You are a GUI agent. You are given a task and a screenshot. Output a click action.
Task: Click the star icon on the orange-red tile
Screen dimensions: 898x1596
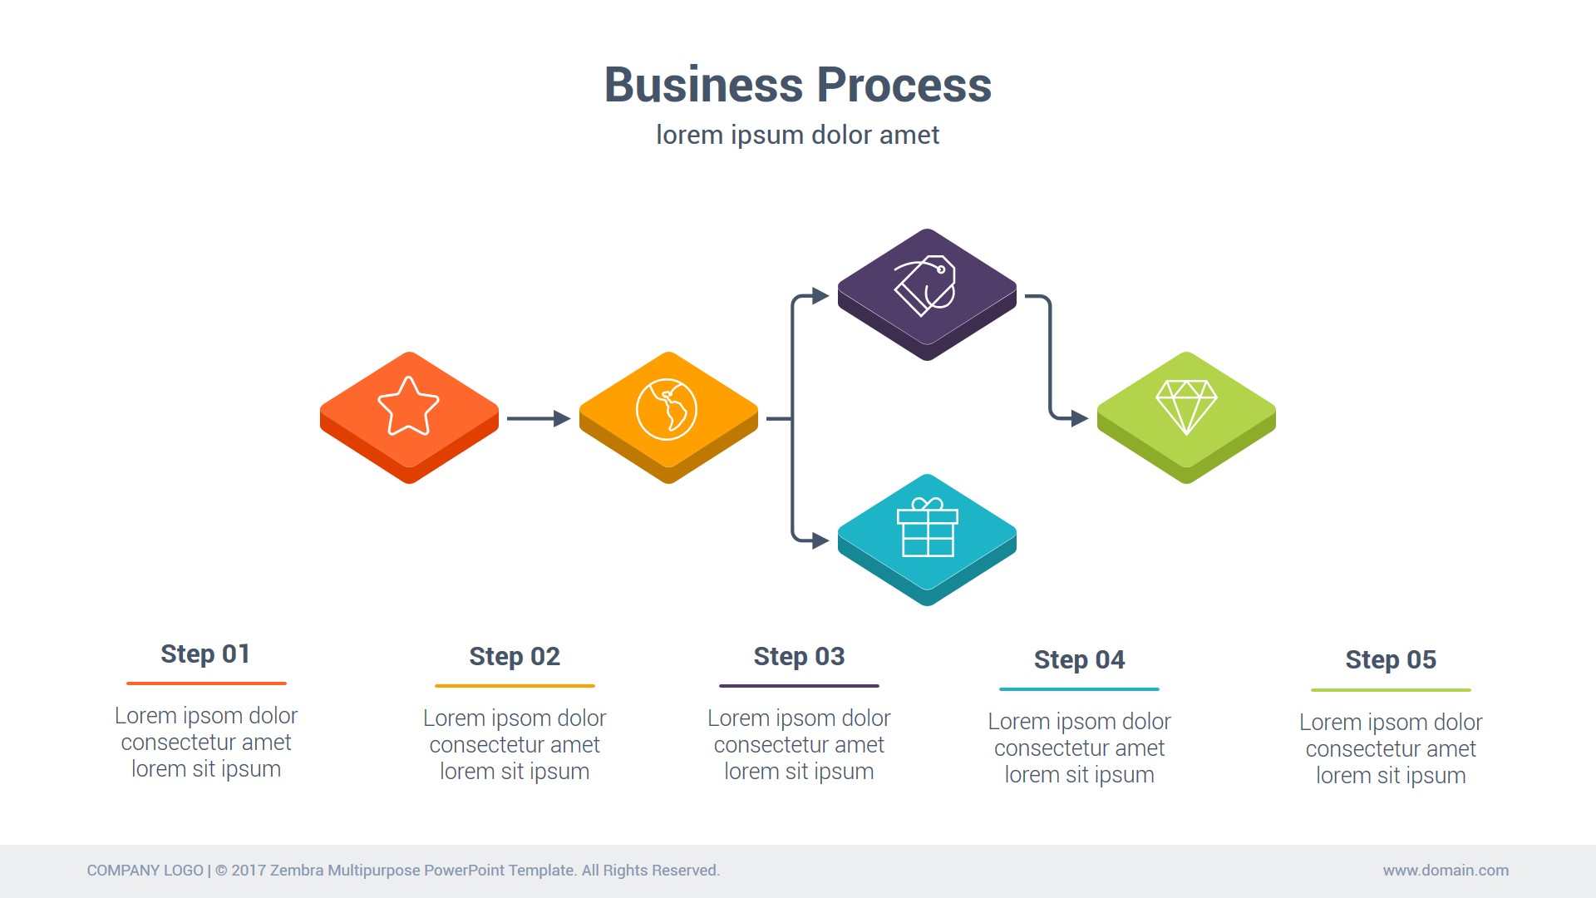[x=408, y=406]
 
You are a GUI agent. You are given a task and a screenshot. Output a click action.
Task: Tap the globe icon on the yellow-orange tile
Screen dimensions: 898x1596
[x=667, y=409]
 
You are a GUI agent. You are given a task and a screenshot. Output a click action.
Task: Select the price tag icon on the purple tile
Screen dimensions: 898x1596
[x=925, y=285]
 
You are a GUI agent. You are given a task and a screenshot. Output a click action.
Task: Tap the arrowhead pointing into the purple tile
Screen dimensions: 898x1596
[x=820, y=296]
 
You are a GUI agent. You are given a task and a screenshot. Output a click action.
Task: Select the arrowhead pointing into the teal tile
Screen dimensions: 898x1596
[x=820, y=540]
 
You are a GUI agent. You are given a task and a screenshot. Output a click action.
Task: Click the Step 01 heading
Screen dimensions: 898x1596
[x=205, y=654]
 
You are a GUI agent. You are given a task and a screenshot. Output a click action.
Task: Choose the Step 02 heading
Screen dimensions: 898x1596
[x=515, y=657]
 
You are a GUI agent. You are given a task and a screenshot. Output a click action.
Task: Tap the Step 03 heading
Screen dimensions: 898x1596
[x=799, y=657]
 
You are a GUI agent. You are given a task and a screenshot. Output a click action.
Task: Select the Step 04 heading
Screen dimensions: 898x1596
[x=1079, y=660]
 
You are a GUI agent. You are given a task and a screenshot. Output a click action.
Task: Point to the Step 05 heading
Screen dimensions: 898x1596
[x=1391, y=660]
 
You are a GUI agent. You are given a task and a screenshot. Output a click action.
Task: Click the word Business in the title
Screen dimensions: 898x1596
[x=703, y=85]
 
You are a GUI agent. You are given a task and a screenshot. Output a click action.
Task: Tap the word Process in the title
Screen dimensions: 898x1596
[x=904, y=85]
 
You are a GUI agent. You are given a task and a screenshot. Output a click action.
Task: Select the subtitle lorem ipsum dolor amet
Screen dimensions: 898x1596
[x=797, y=135]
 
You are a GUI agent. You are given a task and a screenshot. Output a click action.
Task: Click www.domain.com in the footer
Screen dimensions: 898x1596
[x=1446, y=871]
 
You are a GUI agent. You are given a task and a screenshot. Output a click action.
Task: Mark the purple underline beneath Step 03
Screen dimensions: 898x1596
[x=799, y=686]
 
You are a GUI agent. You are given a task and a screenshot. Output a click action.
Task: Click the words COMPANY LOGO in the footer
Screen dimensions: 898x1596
[x=145, y=871]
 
